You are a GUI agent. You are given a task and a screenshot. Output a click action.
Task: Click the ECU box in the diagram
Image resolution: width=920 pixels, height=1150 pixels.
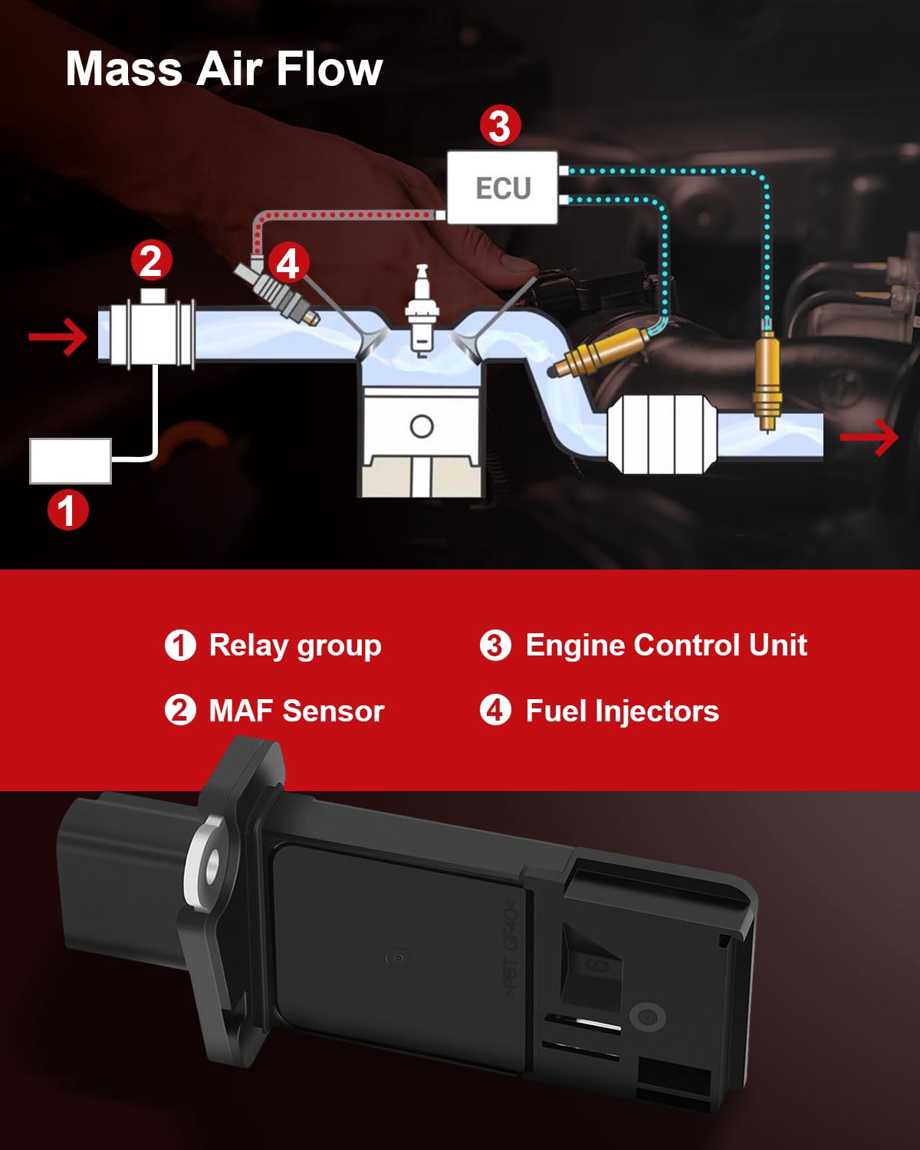click(502, 188)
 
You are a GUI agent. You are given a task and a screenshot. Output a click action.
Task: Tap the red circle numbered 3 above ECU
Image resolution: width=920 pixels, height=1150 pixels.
click(500, 126)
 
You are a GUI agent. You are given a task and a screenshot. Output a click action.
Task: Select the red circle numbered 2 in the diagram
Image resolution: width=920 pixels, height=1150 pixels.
click(151, 261)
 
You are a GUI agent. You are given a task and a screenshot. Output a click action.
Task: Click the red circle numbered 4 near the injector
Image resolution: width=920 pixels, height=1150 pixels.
click(288, 264)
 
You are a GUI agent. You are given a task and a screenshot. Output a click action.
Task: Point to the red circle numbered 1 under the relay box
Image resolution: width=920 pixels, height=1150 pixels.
click(68, 511)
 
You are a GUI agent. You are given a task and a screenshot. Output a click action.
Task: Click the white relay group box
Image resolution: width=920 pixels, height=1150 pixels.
click(71, 461)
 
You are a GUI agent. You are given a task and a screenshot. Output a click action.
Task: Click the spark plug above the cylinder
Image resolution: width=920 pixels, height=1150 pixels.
click(420, 310)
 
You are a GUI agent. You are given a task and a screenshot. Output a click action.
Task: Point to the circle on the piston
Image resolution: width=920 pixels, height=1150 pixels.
click(422, 426)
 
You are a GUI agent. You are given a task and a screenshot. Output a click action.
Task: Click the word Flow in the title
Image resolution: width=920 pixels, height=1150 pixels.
click(329, 69)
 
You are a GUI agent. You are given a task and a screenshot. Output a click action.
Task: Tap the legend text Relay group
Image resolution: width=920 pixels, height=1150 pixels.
click(295, 646)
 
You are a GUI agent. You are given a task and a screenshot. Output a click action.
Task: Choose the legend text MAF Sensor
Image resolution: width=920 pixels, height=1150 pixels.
click(296, 711)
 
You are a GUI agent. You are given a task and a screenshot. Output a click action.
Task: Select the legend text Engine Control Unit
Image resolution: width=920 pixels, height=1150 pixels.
click(665, 646)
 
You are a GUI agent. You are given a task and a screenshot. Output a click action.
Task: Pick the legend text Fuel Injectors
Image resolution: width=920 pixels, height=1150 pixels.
click(622, 711)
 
